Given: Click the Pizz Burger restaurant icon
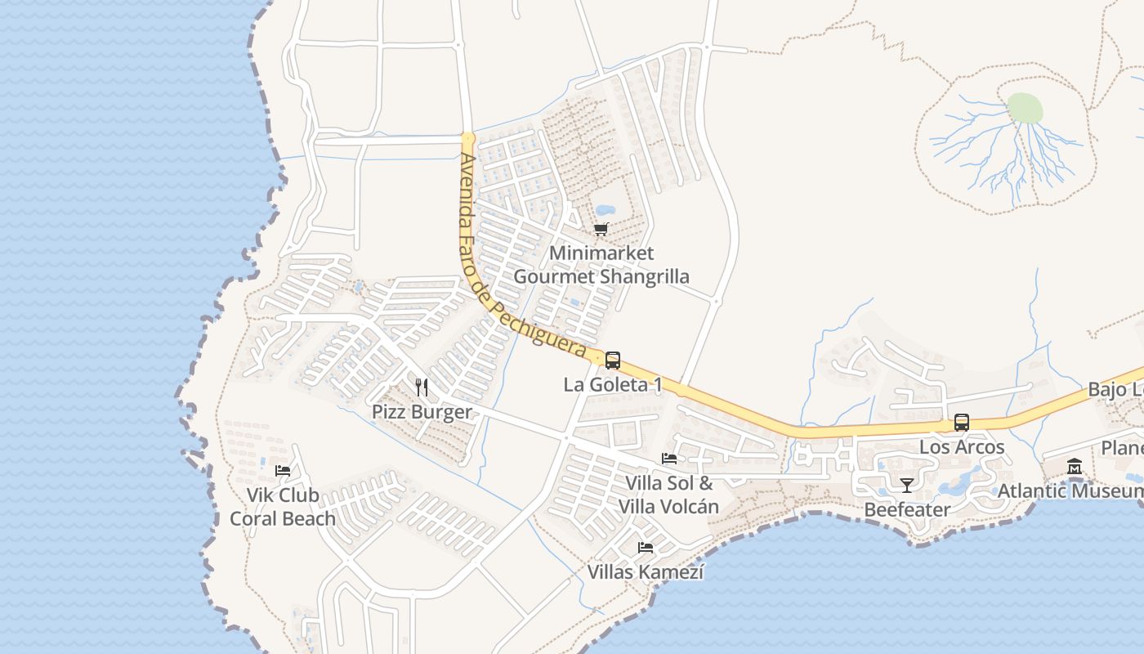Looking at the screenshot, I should pos(422,387).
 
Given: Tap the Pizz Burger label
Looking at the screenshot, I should pos(422,412).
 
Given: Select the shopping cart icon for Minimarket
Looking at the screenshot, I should pos(601,230).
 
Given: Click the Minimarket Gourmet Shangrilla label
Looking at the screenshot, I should pos(601,265).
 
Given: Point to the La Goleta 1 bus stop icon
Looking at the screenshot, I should pos(613,360).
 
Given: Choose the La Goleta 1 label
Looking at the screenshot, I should pos(613,384).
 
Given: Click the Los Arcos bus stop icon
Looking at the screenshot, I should pos(962,423).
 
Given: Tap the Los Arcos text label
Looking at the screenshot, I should pos(962,447).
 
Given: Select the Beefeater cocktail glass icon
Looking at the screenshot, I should pos(906,486).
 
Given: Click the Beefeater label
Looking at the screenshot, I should pos(907,510).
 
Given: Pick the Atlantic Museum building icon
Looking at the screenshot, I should pos(1075,467).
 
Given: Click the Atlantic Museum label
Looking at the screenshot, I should pos(1070,491).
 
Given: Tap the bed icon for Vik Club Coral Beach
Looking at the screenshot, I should pos(283,470).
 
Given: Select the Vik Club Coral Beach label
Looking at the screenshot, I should pos(283,507).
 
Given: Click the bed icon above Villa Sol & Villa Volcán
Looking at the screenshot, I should pos(669,458).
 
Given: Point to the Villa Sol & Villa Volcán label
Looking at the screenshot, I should pos(668,495).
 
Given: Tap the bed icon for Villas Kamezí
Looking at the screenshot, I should pos(646,547).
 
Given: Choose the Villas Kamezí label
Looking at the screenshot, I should pos(646,572).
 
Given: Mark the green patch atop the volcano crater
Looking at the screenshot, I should pos(1025,108).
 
